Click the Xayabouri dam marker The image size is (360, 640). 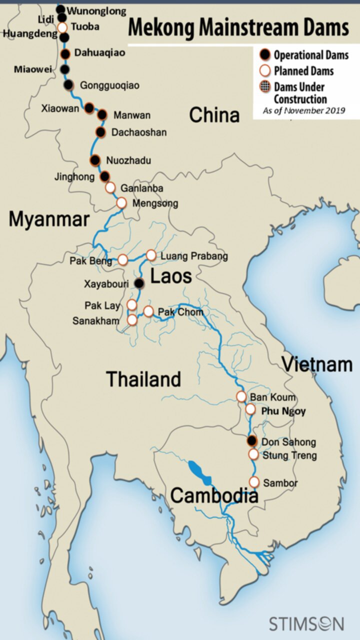click(139, 283)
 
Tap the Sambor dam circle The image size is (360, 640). click(254, 482)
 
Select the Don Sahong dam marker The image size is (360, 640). click(252, 441)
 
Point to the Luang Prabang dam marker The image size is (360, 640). click(151, 255)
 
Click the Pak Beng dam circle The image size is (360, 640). click(123, 259)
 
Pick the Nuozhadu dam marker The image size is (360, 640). click(95, 160)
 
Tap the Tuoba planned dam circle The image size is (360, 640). click(62, 27)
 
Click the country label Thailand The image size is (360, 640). click(143, 379)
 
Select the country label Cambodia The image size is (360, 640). click(214, 495)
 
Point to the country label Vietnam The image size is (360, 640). click(317, 364)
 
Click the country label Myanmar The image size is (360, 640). click(49, 219)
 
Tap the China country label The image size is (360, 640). click(214, 115)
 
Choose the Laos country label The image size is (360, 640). click(171, 276)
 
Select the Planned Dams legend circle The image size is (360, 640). click(264, 70)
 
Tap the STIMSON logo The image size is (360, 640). click(306, 623)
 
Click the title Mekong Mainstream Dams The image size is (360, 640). click(238, 28)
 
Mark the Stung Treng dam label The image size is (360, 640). click(290, 455)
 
